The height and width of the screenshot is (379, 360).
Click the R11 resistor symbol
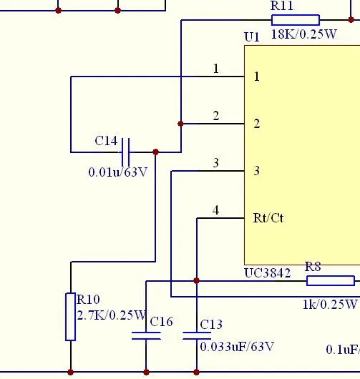pyautogui.click(x=296, y=20)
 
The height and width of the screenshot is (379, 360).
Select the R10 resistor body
pyautogui.click(x=70, y=317)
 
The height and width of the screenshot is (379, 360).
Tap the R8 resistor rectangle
pyautogui.click(x=331, y=280)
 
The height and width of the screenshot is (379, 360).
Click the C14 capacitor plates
pyautogui.click(x=125, y=152)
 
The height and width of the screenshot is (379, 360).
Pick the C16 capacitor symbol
pyautogui.click(x=146, y=335)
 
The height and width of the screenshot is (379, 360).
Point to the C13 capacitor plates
pyautogui.click(x=197, y=335)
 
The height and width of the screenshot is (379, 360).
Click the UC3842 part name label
pyautogui.click(x=268, y=273)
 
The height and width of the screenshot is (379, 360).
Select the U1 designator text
pyautogui.click(x=252, y=37)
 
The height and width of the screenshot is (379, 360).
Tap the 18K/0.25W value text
pyautogui.click(x=304, y=34)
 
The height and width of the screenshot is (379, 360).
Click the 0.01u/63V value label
pyautogui.click(x=118, y=172)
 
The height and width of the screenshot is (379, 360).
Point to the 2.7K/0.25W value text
pyautogui.click(x=111, y=315)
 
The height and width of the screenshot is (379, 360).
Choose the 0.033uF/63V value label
pyautogui.click(x=237, y=347)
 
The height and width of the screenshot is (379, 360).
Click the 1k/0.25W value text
pyautogui.click(x=330, y=305)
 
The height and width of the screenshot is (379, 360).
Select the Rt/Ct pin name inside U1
pyautogui.click(x=268, y=218)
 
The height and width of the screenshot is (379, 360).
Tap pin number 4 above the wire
pyautogui.click(x=216, y=210)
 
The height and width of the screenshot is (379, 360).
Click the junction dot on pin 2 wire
pyautogui.click(x=180, y=124)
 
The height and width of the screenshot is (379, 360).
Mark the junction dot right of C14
pyautogui.click(x=156, y=152)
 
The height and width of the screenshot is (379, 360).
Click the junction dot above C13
pyautogui.click(x=196, y=280)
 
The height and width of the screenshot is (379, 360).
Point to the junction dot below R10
pyautogui.click(x=70, y=373)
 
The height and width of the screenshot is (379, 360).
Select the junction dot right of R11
pyautogui.click(x=351, y=20)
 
